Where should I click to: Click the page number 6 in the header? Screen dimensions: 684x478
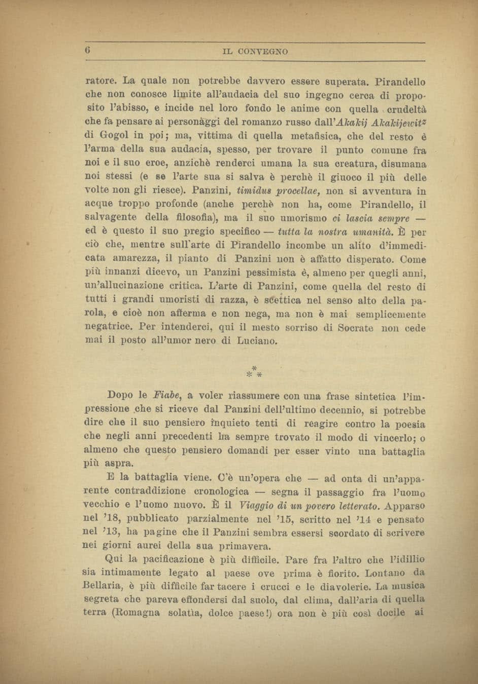[x=87, y=51]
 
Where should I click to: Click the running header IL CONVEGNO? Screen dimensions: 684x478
[x=255, y=52]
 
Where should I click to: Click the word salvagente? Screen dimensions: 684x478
[x=111, y=217]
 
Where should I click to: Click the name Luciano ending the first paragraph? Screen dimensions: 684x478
[x=257, y=340]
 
